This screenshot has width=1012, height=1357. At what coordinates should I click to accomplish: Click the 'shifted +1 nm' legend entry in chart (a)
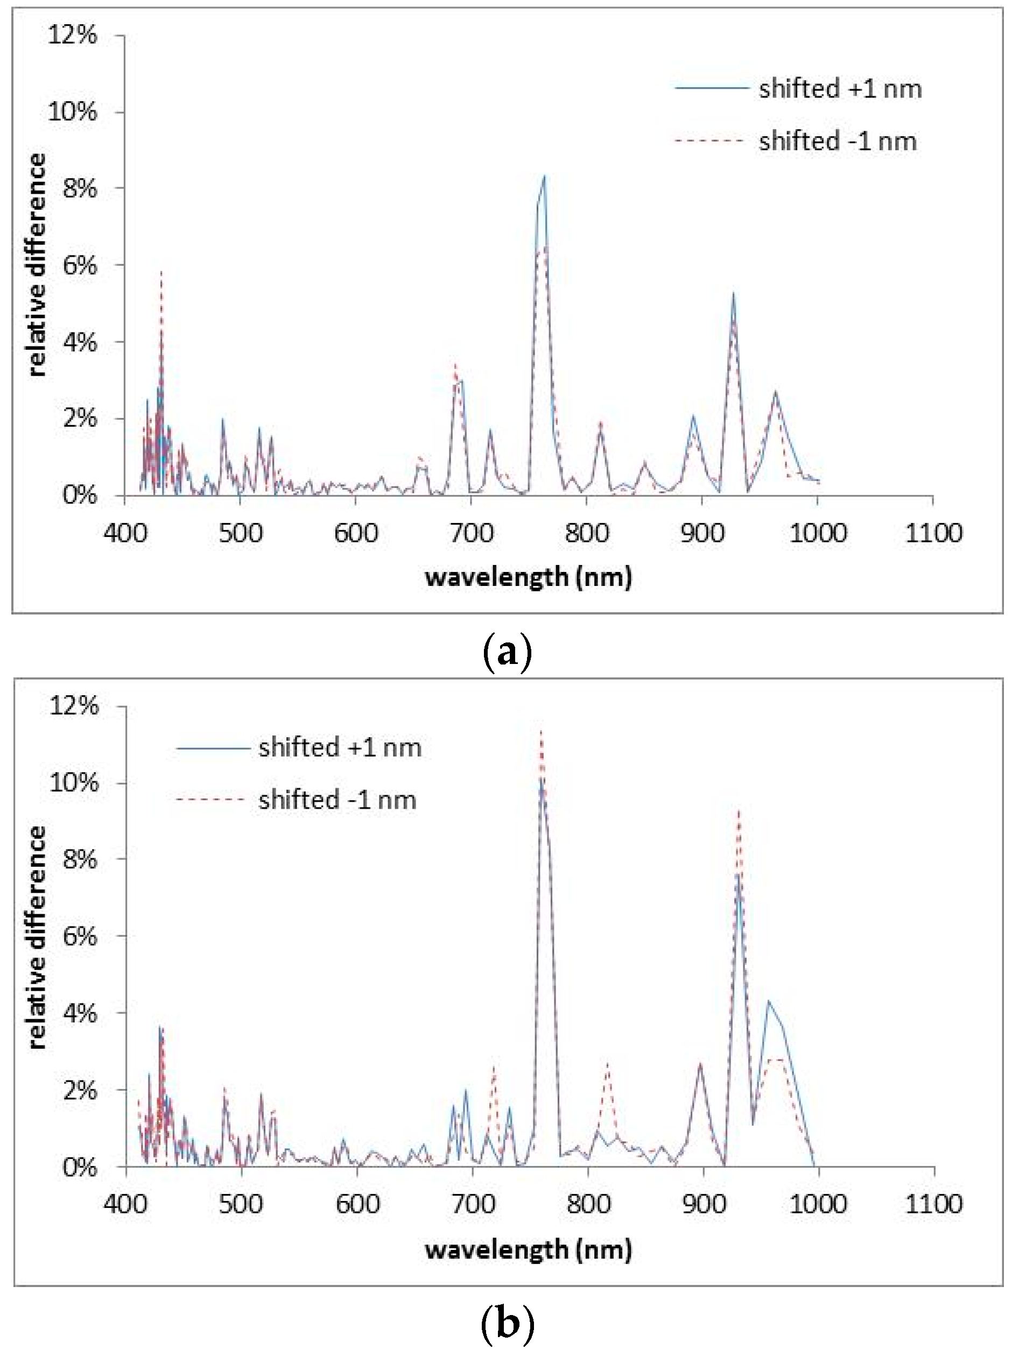coord(840,89)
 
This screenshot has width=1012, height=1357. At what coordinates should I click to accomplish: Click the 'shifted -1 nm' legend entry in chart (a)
coord(838,142)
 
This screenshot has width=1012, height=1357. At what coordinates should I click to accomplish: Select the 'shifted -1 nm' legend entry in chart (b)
coord(337,800)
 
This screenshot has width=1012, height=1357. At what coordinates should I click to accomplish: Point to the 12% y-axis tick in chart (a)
coord(72,36)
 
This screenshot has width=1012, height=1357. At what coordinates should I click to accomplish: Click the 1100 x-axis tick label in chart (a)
coord(932,533)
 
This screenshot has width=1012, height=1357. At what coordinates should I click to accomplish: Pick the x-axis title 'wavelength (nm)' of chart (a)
coord(528,577)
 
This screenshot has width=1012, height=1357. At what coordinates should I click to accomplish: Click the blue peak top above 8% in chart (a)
coord(544,176)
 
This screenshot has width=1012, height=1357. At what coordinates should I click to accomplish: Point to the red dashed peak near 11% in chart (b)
coord(541,730)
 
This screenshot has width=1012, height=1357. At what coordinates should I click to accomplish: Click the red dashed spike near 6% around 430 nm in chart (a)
coord(161,272)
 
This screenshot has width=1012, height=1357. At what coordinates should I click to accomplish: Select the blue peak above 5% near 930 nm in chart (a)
coord(733,293)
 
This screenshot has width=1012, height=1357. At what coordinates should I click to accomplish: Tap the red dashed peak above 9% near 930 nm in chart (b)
coord(739,810)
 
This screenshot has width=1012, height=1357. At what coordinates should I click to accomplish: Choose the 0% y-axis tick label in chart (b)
coord(80,1167)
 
